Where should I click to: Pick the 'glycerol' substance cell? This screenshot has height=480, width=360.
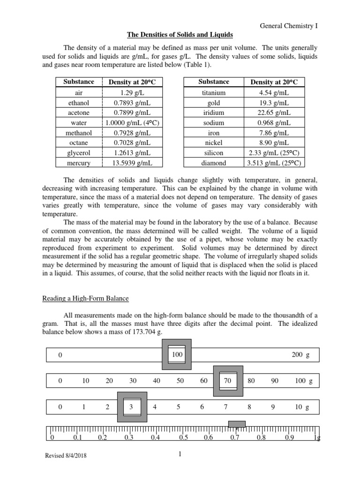point(79,153)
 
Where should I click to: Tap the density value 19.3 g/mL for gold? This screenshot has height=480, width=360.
point(274,102)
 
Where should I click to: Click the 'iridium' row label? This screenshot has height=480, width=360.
point(213,112)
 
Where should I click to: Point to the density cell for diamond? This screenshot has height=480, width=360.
point(274,163)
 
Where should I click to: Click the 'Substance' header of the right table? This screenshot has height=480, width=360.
point(213,82)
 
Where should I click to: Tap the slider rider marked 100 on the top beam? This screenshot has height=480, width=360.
point(177,354)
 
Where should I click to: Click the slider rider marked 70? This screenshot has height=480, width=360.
point(228,381)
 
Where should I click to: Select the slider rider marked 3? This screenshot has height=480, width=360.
point(132,407)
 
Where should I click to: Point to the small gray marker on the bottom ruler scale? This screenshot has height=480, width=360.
point(237,424)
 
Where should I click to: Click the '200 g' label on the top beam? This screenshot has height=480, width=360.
point(300,355)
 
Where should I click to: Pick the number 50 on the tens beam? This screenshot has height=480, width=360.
point(180,381)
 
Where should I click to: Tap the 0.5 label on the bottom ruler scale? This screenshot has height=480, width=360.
point(183,438)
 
